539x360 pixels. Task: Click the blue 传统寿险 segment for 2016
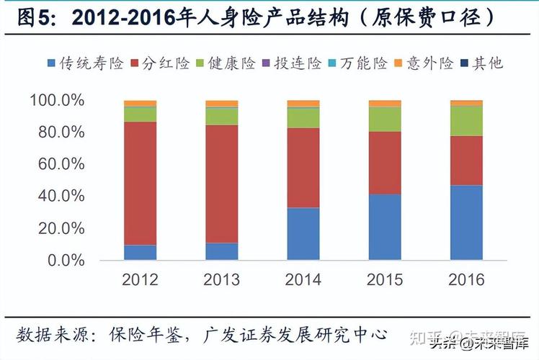pos(466,222)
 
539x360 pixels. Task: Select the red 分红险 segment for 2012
pos(140,184)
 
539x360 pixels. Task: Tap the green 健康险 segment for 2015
pos(385,119)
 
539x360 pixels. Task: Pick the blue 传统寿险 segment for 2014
pos(303,234)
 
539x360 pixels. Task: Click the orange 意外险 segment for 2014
pos(303,104)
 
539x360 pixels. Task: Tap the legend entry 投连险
pos(297,63)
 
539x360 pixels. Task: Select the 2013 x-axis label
pos(221,279)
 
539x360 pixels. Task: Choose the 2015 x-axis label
pos(385,279)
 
